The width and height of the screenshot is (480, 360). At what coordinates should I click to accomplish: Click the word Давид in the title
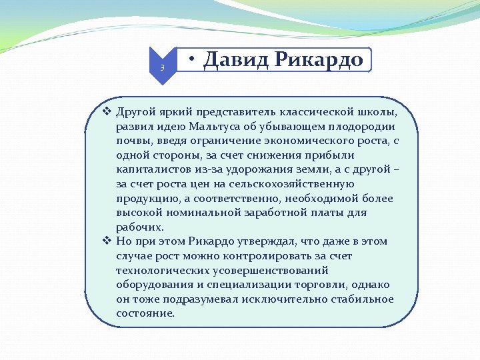tap(230, 60)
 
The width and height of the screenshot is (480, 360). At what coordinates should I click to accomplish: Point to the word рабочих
tap(139, 227)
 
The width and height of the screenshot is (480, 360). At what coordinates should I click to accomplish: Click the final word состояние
tap(145, 313)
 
